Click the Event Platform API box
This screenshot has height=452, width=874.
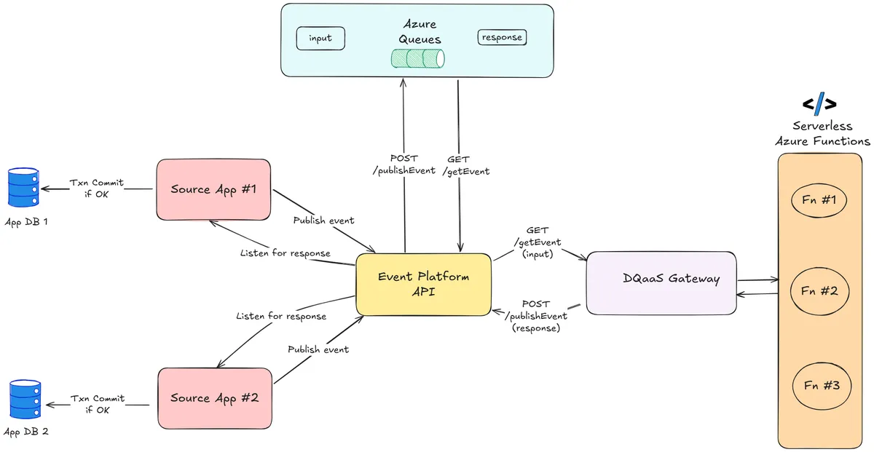(423, 285)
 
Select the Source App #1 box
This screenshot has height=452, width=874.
(214, 189)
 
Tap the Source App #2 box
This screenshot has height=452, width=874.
(214, 397)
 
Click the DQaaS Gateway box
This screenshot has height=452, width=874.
(661, 282)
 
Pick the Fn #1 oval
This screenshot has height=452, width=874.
(818, 200)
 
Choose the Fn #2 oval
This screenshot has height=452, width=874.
(819, 291)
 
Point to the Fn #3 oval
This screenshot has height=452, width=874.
(821, 385)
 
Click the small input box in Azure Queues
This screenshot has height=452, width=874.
(320, 39)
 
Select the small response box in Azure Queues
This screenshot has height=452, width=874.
(502, 37)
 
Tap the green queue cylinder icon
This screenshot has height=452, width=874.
(418, 58)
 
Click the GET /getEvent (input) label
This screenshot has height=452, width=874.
(538, 242)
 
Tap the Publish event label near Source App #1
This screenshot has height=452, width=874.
(323, 221)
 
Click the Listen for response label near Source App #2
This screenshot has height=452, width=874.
(280, 317)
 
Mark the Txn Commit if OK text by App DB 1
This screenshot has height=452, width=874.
(96, 189)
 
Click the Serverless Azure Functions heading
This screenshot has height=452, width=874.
(822, 133)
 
